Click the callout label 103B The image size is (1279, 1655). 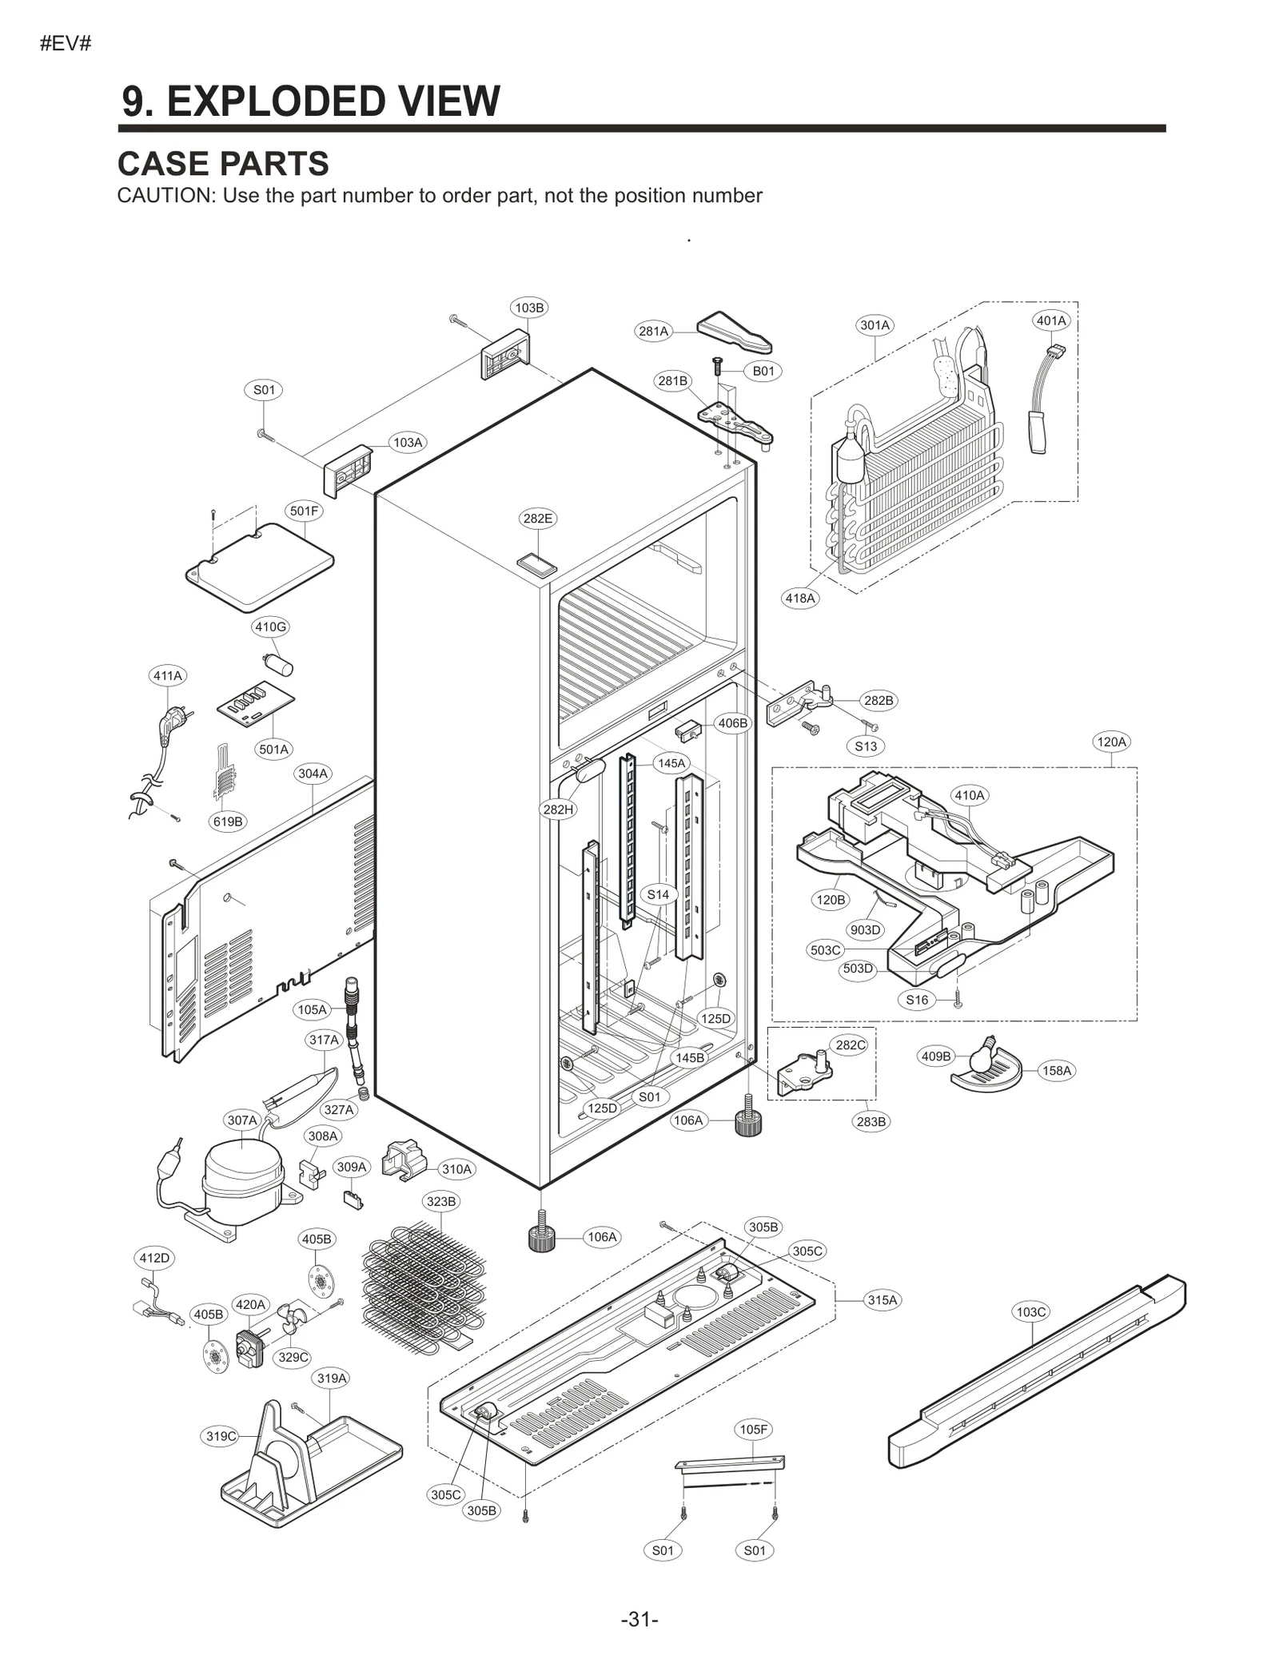529,308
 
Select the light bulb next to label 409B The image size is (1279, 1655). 982,1056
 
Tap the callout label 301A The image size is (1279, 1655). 875,325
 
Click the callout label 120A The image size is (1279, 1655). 1111,742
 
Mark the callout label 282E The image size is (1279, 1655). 537,518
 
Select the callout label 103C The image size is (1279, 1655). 1030,1311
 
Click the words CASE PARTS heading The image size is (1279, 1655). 223,164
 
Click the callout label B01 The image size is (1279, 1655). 763,371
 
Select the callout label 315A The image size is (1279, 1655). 883,1299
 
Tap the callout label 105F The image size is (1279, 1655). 753,1429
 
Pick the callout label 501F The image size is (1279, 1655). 304,510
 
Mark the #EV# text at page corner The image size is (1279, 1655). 66,43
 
